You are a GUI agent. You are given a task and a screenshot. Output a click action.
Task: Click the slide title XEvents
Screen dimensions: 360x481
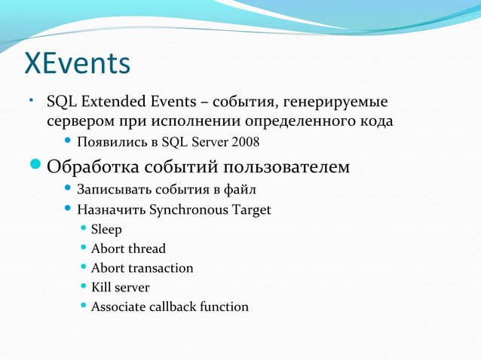pyautogui.click(x=78, y=64)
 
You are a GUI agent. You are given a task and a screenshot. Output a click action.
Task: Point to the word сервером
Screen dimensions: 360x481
pyautogui.click(x=78, y=121)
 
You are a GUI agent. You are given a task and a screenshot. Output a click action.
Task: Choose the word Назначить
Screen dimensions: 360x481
pyautogui.click(x=111, y=209)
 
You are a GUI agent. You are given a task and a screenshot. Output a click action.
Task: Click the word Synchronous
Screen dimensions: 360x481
pyautogui.click(x=188, y=209)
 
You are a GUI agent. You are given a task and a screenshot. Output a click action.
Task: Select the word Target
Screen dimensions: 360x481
pyautogui.click(x=252, y=209)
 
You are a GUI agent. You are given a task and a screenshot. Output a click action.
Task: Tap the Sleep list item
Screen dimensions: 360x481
pyautogui.click(x=106, y=229)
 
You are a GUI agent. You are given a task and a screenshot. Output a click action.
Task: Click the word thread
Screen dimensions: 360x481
pyautogui.click(x=146, y=249)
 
